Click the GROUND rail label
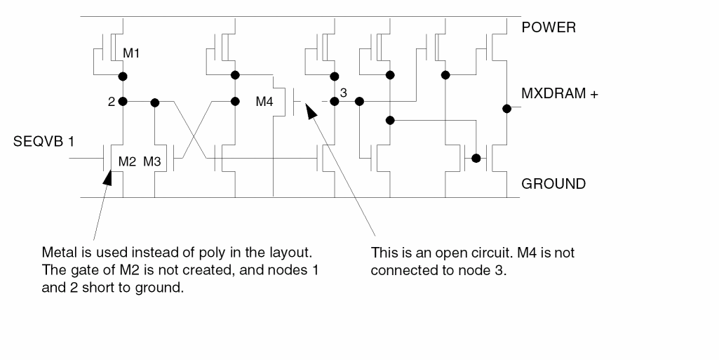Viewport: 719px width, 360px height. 553,184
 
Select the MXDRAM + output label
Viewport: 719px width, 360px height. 559,94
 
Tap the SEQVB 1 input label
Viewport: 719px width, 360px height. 44,142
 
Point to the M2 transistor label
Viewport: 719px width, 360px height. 126,161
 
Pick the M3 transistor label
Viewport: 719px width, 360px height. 153,161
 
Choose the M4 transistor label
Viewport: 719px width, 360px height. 264,102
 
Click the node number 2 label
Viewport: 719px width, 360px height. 112,102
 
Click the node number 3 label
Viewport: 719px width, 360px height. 344,92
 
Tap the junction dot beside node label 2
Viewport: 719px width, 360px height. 123,101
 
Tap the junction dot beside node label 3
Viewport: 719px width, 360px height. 335,101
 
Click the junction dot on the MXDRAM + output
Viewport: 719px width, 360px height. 506,108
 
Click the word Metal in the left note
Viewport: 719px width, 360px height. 58,253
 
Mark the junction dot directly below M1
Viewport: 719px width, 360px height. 123,75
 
